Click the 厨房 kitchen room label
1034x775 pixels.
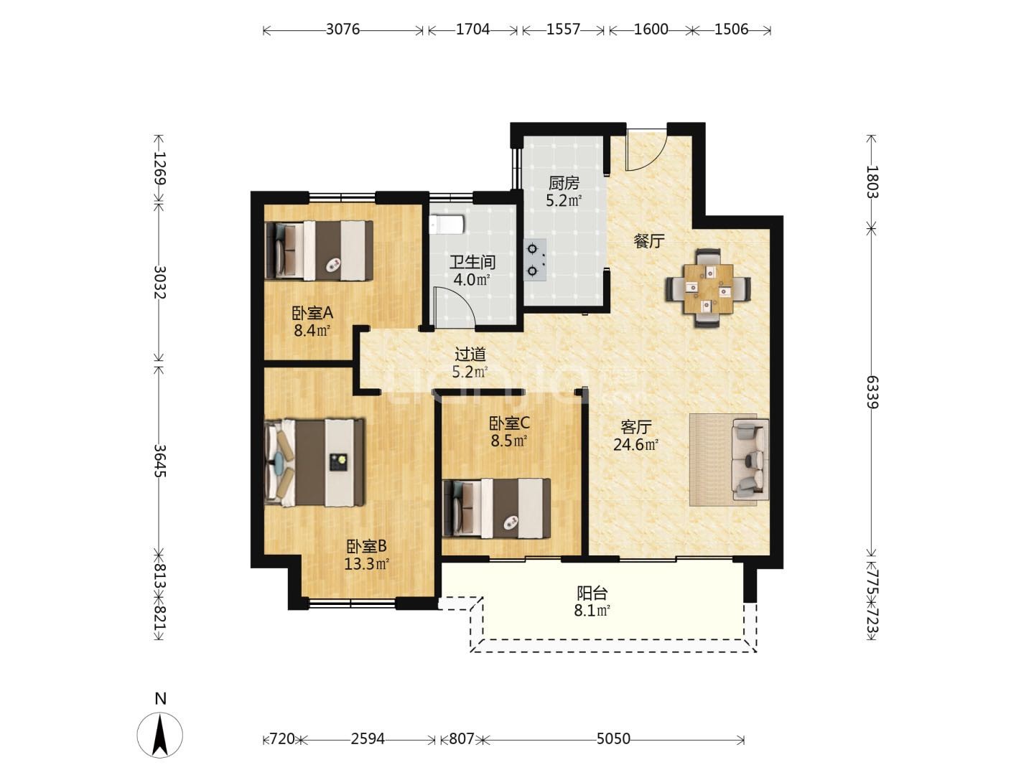564,182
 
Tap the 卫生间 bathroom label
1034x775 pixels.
472,262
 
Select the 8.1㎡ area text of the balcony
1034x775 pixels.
592,611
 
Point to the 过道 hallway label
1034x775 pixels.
470,354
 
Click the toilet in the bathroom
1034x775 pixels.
447,225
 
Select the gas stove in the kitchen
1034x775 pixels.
535,260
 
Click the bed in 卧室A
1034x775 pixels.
319,251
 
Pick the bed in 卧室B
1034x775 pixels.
315,462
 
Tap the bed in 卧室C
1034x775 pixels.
496,508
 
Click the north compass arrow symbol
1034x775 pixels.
160,735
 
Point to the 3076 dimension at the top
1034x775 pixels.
343,29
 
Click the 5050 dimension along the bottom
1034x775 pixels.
613,739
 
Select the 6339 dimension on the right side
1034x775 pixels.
872,392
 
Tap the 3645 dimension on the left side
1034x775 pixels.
160,461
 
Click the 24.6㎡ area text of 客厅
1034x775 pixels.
635,445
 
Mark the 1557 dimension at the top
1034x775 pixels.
564,29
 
